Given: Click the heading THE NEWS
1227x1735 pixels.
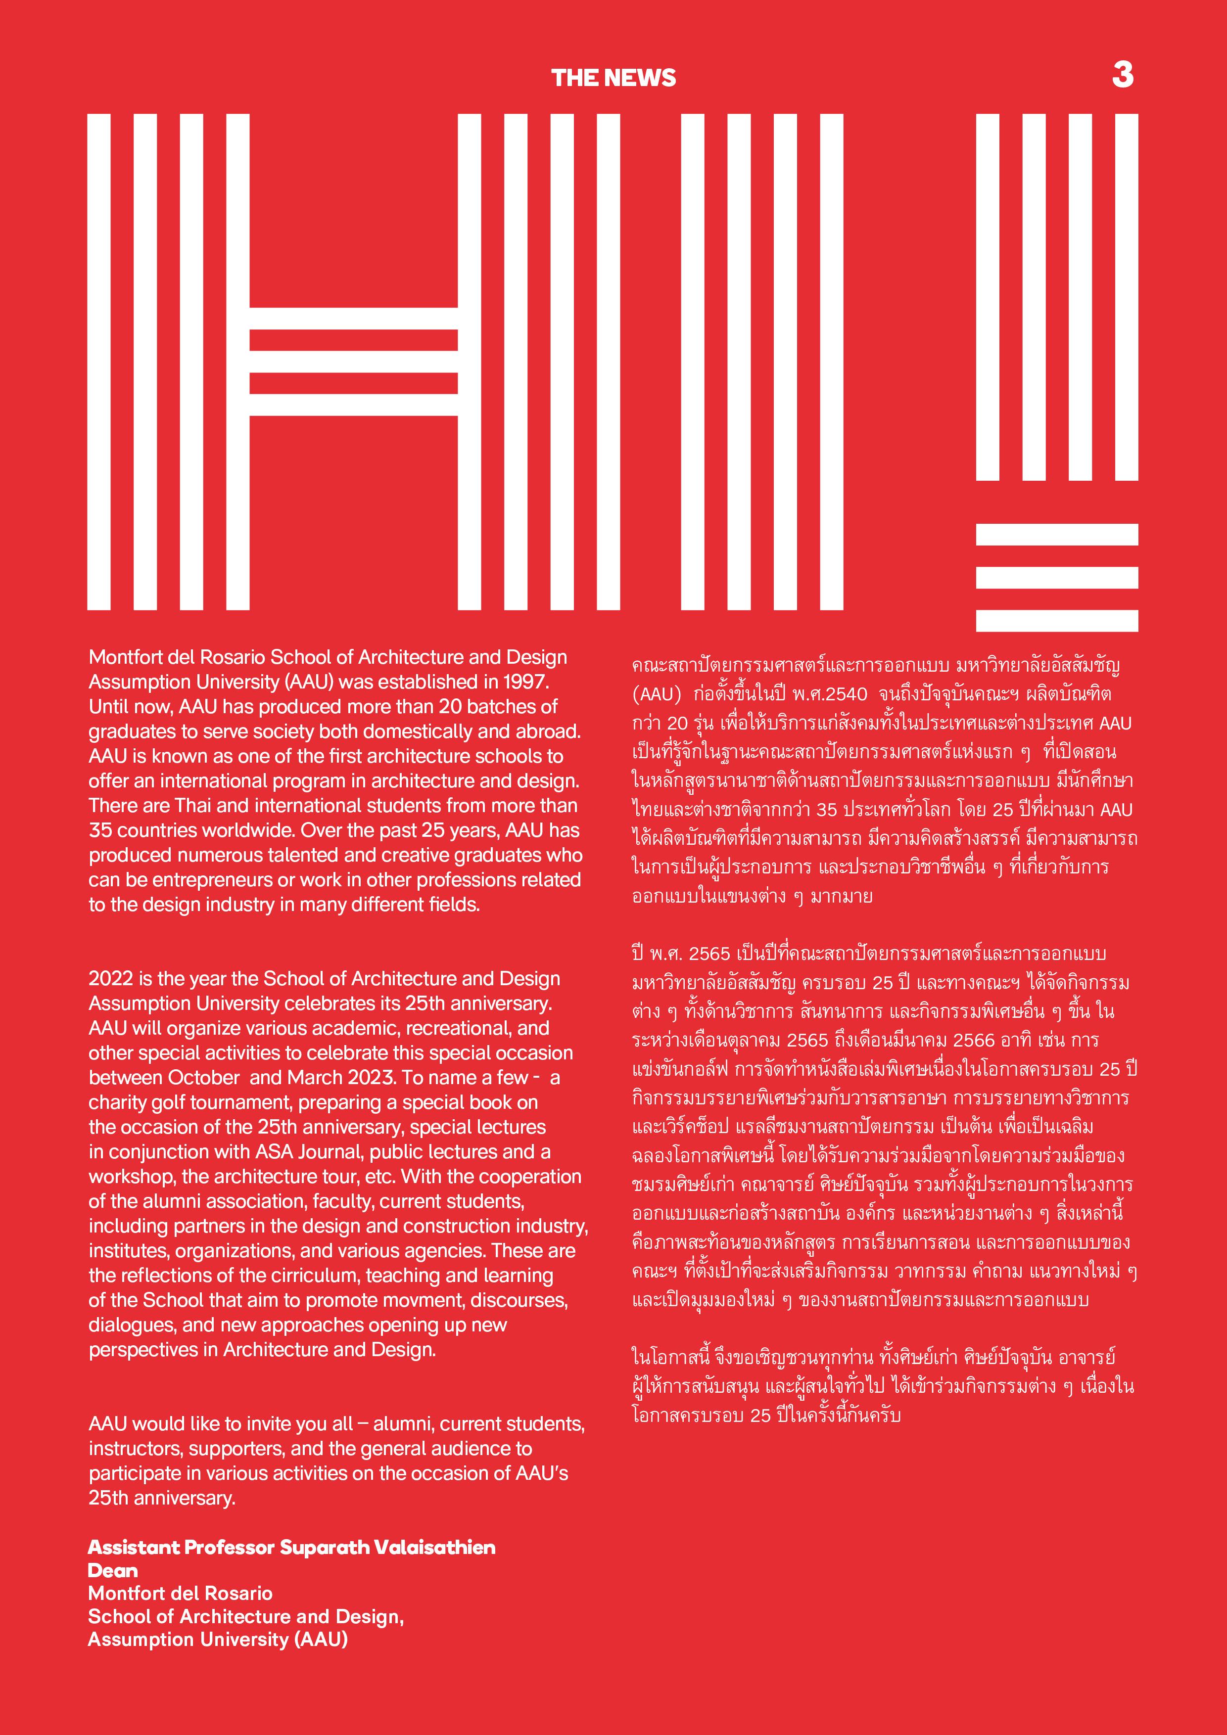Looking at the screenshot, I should click(613, 78).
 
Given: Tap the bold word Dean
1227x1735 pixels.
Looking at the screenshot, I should click(113, 1570).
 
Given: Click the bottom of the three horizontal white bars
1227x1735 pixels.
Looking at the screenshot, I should click(1057, 620).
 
